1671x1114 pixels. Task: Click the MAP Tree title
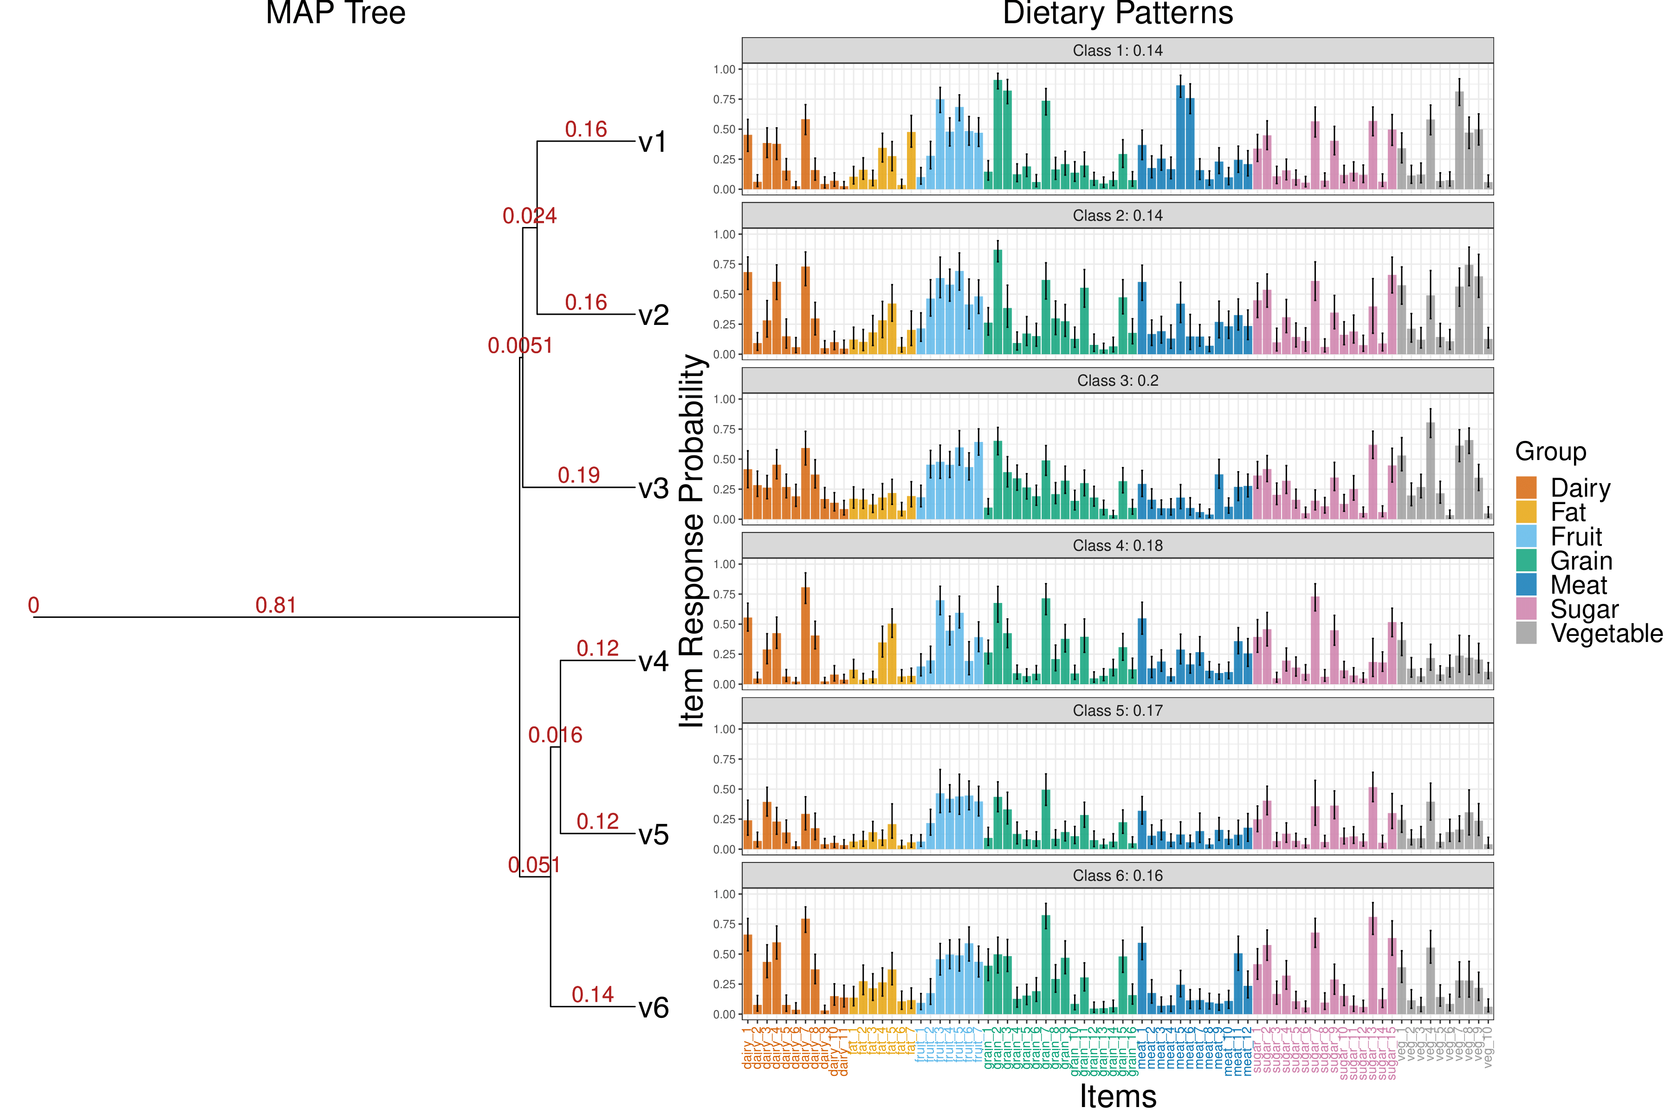point(335,13)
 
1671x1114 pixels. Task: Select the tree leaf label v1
point(653,142)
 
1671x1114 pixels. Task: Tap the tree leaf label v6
point(653,1007)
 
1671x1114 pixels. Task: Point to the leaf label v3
point(653,488)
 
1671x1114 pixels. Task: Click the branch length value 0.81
point(276,605)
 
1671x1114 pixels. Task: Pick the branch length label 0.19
point(578,474)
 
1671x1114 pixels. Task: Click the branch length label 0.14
point(593,994)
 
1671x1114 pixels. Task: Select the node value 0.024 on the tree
point(529,215)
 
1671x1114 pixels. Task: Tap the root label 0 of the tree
point(33,605)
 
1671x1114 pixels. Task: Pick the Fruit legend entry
point(1576,537)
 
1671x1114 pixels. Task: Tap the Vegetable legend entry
point(1606,633)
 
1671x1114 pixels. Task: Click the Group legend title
point(1550,451)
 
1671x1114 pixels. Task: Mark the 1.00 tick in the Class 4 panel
point(724,564)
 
